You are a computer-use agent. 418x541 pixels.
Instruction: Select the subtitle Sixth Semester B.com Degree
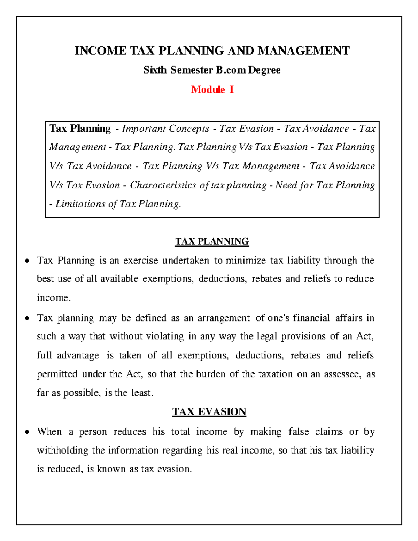[212, 70]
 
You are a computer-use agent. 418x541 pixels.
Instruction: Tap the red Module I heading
[212, 90]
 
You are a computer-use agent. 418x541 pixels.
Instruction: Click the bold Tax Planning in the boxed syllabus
[80, 129]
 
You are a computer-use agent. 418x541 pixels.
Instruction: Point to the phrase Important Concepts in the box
[165, 129]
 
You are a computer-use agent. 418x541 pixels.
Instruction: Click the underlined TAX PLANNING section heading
[212, 241]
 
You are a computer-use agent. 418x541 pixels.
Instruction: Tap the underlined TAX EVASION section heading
[209, 412]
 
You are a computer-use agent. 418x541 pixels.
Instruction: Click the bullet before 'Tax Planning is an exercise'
[27, 261]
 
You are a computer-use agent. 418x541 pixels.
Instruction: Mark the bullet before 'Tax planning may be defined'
[27, 318]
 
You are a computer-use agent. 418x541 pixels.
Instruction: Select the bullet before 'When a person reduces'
[27, 432]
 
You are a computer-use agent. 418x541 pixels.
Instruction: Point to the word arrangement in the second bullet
[224, 318]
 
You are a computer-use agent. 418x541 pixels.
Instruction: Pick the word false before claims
[299, 432]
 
